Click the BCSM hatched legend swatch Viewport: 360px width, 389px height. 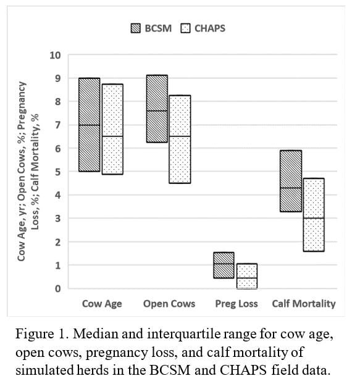tap(135, 28)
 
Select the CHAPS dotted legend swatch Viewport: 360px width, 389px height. tap(186, 28)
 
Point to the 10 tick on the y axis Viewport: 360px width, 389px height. tap(56, 55)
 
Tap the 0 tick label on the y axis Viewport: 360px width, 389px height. tap(58, 288)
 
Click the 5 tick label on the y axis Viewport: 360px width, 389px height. tap(58, 172)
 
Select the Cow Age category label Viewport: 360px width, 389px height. tap(102, 304)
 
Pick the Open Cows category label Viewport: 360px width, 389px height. tap(169, 304)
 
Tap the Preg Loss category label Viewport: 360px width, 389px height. tap(237, 304)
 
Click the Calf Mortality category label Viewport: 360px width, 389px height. tap(304, 304)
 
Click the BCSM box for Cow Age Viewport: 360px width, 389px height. tap(90, 125)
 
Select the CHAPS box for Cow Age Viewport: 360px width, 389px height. tap(112, 129)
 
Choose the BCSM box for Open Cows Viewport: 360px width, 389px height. tap(157, 109)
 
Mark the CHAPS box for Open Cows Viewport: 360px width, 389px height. tap(180, 140)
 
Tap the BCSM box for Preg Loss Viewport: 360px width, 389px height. tap(224, 266)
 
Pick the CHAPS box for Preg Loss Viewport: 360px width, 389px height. tap(247, 276)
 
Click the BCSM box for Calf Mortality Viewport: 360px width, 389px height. tap(291, 181)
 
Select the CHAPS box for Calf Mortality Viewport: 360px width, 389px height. tap(314, 215)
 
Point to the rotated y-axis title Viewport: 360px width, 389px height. tap(28, 171)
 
